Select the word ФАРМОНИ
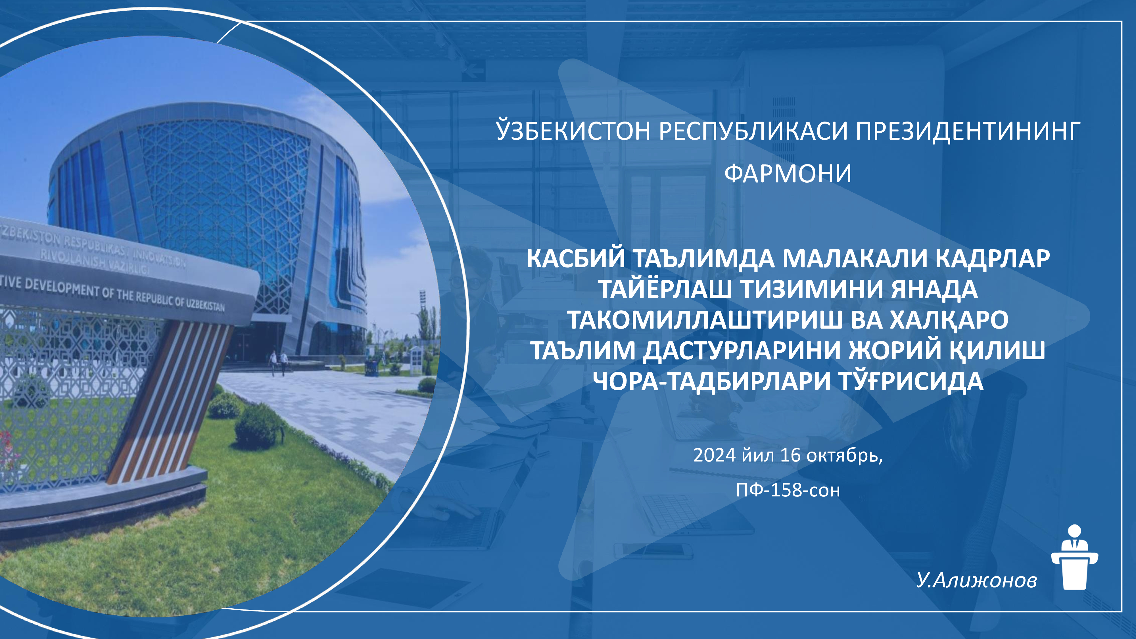[788, 173]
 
